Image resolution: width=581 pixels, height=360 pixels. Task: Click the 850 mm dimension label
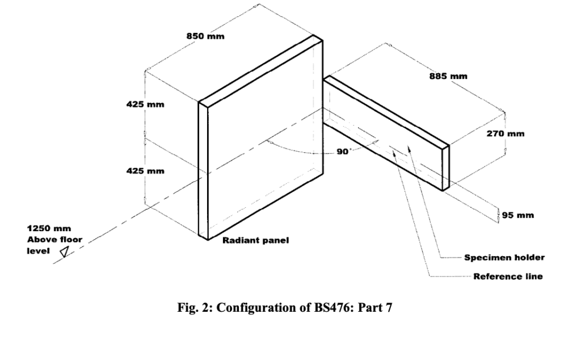point(205,36)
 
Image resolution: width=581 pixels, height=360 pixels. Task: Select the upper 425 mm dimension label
point(145,104)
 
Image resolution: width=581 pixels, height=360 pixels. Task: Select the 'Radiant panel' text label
point(255,240)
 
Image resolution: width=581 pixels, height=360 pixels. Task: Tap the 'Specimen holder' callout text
point(504,257)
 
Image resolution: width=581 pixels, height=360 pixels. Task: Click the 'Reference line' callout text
point(508,277)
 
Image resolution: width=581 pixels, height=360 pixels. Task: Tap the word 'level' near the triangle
point(37,250)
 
